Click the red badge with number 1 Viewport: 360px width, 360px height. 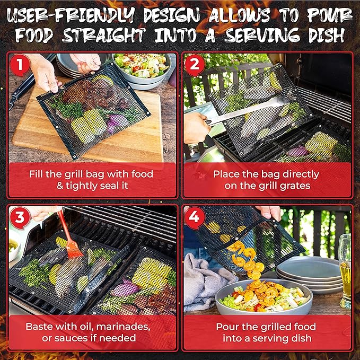pos(20,65)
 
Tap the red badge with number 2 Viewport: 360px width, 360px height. pos(195,65)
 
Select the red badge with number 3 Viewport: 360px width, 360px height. pos(20,217)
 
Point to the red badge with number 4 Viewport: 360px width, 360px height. pos(195,217)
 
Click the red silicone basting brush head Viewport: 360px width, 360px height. pos(73,249)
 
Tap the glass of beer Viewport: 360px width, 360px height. pos(345,271)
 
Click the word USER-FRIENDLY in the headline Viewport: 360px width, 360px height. pos(71,15)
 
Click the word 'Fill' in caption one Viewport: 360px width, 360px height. pos(36,174)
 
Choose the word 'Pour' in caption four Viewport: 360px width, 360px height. pos(226,327)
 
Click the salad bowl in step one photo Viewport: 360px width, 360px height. pos(142,69)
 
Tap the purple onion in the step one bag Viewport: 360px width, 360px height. pos(117,123)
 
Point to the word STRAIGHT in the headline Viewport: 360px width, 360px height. pos(104,35)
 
